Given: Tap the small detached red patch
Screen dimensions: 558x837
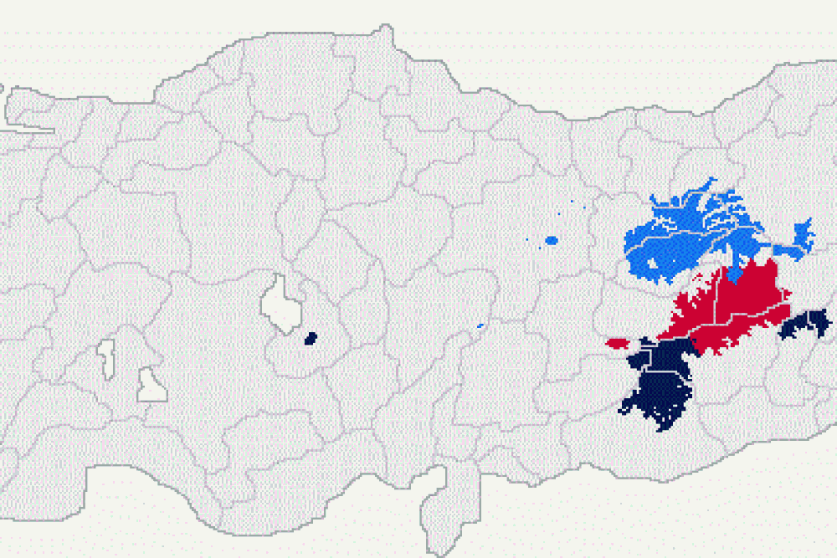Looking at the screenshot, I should click(617, 343).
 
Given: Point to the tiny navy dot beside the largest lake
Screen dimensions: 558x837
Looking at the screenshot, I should click(311, 339).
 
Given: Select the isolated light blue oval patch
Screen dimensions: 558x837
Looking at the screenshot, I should click(551, 241).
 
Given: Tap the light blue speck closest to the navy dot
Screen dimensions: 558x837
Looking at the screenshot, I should click(480, 325).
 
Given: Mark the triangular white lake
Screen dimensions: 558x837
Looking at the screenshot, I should click(151, 386).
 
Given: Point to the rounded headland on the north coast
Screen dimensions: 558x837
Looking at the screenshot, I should click(384, 35).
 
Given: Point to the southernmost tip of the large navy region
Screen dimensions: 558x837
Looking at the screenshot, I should click(664, 429).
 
